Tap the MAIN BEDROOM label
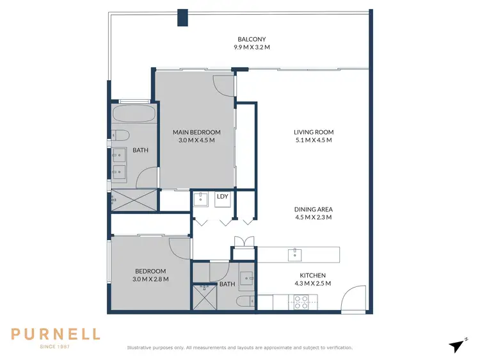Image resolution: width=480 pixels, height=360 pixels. click(196, 133)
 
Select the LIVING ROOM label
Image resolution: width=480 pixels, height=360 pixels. click(314, 133)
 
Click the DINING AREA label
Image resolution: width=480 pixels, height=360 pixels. click(314, 209)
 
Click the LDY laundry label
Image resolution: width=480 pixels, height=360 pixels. click(223, 197)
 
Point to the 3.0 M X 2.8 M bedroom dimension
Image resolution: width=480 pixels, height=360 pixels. click(151, 279)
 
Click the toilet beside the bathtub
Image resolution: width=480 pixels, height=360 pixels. click(120, 135)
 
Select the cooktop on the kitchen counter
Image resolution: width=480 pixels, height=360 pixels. click(301, 300)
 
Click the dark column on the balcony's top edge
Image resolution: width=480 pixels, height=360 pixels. click(184, 18)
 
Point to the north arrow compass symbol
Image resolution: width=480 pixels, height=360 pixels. click(456, 345)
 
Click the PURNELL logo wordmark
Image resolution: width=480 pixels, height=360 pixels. click(55, 334)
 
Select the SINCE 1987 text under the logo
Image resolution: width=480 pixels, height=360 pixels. click(55, 347)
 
